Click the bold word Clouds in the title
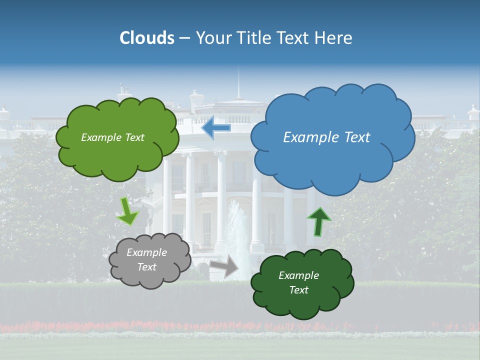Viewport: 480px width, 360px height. tap(147, 38)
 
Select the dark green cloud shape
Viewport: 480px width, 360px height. tap(302, 300)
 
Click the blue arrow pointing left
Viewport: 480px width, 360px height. tap(216, 128)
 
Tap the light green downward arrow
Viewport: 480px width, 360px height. tap(127, 211)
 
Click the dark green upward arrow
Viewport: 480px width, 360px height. tap(318, 221)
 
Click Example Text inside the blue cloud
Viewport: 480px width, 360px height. tap(326, 137)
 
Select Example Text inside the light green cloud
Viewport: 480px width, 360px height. tap(112, 137)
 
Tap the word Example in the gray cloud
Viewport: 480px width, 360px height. tap(146, 252)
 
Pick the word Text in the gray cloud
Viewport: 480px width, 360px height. tap(146, 267)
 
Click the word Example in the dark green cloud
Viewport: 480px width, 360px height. tap(298, 275)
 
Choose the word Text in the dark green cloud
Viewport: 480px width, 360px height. tap(298, 290)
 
